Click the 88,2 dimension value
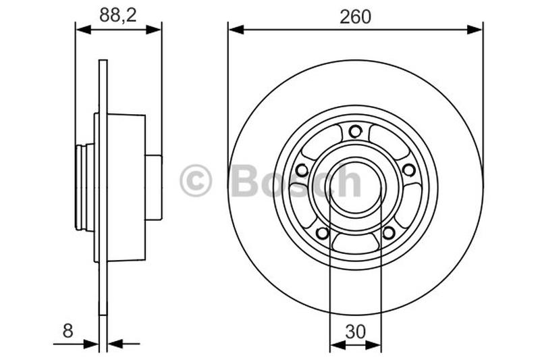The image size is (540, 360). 118,16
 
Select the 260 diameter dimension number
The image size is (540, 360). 355,16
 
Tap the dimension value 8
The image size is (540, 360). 67,330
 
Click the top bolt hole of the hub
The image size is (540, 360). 356,131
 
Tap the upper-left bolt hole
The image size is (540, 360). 302,170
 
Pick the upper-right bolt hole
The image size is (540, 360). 409,170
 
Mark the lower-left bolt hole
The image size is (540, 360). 323,233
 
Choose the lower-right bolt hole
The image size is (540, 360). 389,233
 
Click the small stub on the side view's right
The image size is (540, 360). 154,187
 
